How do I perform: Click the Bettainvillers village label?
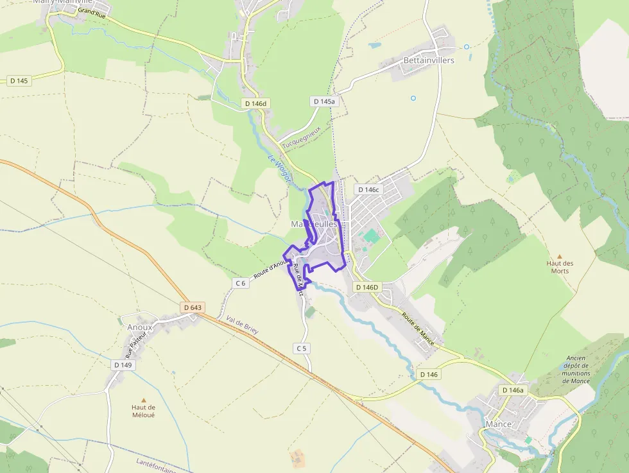(429, 60)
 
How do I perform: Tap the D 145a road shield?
(323, 101)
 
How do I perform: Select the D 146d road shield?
(255, 103)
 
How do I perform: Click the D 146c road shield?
(368, 189)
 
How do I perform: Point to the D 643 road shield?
(192, 307)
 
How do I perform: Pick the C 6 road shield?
(241, 283)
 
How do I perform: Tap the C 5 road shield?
(302, 348)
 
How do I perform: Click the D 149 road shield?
(123, 365)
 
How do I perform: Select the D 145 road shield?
(19, 81)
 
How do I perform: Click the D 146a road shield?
(513, 390)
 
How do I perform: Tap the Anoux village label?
(139, 327)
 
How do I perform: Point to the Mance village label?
(498, 424)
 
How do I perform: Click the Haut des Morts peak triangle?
(559, 256)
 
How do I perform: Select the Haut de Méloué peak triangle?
(143, 400)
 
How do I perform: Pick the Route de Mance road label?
(418, 329)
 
